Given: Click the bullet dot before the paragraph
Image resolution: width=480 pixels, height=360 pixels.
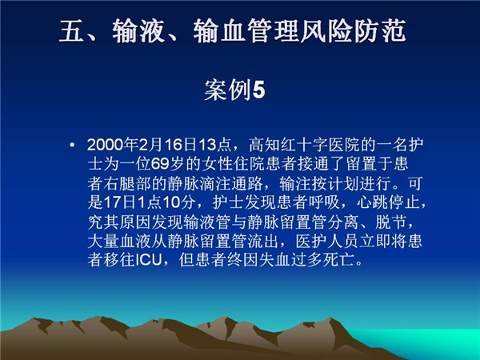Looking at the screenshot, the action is (72, 145).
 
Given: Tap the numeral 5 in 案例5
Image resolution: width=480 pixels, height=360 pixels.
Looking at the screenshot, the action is (258, 90).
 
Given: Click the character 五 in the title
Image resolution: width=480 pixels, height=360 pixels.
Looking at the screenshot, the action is (72, 30).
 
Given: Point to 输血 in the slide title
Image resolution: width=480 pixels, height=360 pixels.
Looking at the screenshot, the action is (219, 30).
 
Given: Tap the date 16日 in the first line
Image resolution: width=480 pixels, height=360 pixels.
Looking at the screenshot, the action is (179, 145).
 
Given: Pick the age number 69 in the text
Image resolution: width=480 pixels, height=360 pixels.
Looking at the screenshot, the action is (160, 164).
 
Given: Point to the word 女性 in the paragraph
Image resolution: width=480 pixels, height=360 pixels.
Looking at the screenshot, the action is (217, 164).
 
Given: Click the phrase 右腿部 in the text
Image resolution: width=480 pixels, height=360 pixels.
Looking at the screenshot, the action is (127, 183).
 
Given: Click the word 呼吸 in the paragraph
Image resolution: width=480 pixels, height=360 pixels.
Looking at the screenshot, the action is (325, 202).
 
